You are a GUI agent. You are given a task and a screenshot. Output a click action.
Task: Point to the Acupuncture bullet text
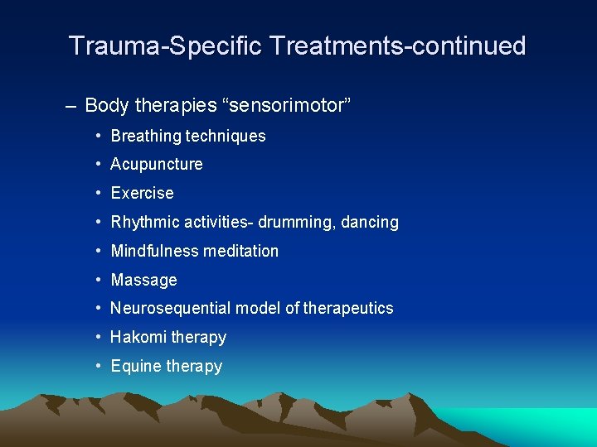click(x=157, y=164)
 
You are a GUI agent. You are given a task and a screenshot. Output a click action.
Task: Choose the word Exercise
click(x=143, y=193)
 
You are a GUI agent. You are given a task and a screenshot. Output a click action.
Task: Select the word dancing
click(x=371, y=222)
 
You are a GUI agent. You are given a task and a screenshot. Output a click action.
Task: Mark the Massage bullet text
click(x=144, y=280)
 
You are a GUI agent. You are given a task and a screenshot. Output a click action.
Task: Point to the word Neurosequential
click(x=171, y=308)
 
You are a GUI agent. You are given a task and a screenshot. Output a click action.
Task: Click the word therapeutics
click(x=348, y=308)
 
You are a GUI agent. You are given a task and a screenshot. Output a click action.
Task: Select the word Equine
click(x=136, y=366)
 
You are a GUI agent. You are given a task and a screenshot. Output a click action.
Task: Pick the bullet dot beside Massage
click(x=98, y=280)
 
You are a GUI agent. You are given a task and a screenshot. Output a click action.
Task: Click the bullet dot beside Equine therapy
click(x=98, y=366)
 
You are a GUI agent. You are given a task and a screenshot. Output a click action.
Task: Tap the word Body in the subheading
click(x=104, y=105)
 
